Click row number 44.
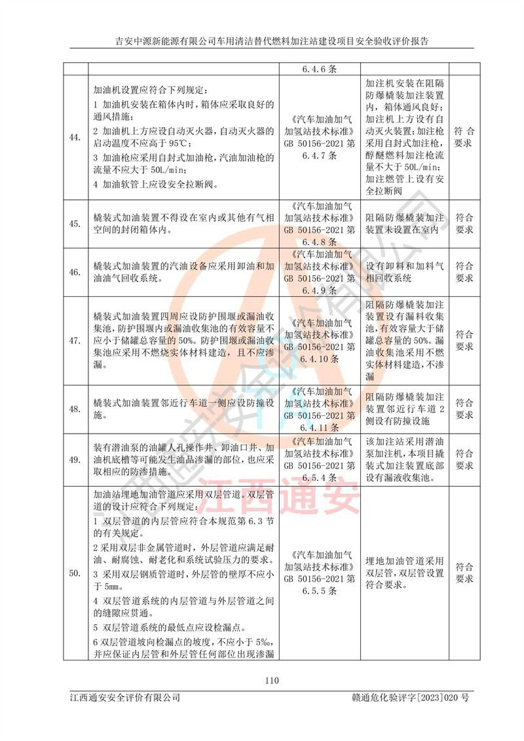pos(75,137)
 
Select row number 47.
pos(75,341)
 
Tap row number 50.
pos(75,574)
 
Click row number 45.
pos(75,224)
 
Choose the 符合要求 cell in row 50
pos(464,574)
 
